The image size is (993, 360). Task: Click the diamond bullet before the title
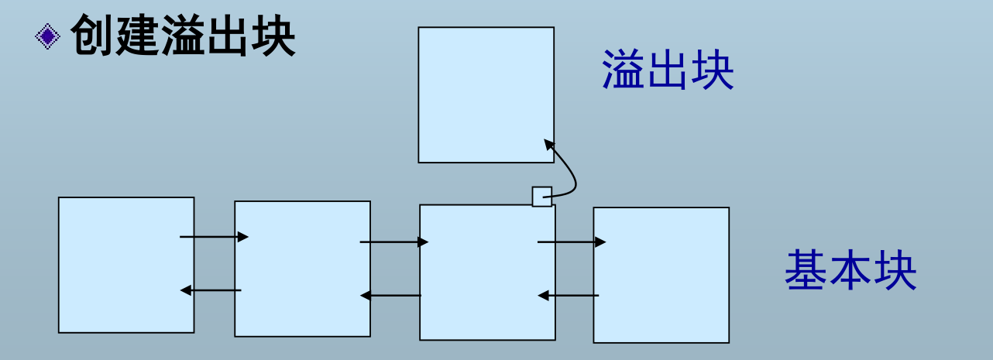click(x=48, y=36)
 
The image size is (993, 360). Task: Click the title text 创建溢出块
click(x=183, y=36)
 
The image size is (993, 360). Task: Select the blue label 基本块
click(x=850, y=270)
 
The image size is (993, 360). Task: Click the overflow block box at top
click(x=486, y=94)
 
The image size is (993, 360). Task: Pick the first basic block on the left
click(x=125, y=265)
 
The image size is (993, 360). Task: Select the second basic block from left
click(x=302, y=269)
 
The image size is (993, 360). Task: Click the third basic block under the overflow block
click(x=487, y=272)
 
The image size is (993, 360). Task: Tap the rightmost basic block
click(x=661, y=275)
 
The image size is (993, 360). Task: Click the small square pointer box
click(x=542, y=197)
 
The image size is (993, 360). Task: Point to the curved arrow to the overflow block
click(x=572, y=174)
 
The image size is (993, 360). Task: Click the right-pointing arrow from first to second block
click(x=214, y=237)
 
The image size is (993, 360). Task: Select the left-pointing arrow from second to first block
click(x=211, y=290)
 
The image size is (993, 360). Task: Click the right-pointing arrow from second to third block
click(x=393, y=242)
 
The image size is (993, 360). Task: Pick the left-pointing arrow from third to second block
click(x=391, y=295)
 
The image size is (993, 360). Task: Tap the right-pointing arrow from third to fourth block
click(x=572, y=242)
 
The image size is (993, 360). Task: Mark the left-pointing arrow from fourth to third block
click(x=569, y=295)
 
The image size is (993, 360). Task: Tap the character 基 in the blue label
click(x=806, y=270)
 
